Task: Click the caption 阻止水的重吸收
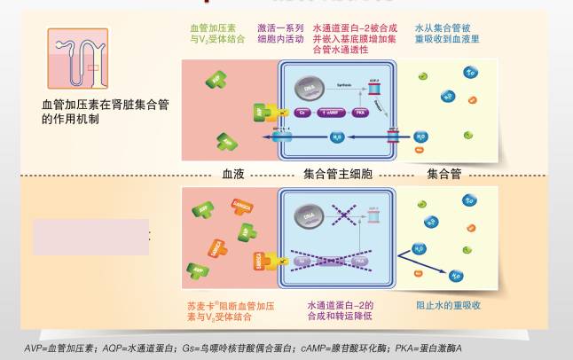[448, 305]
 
